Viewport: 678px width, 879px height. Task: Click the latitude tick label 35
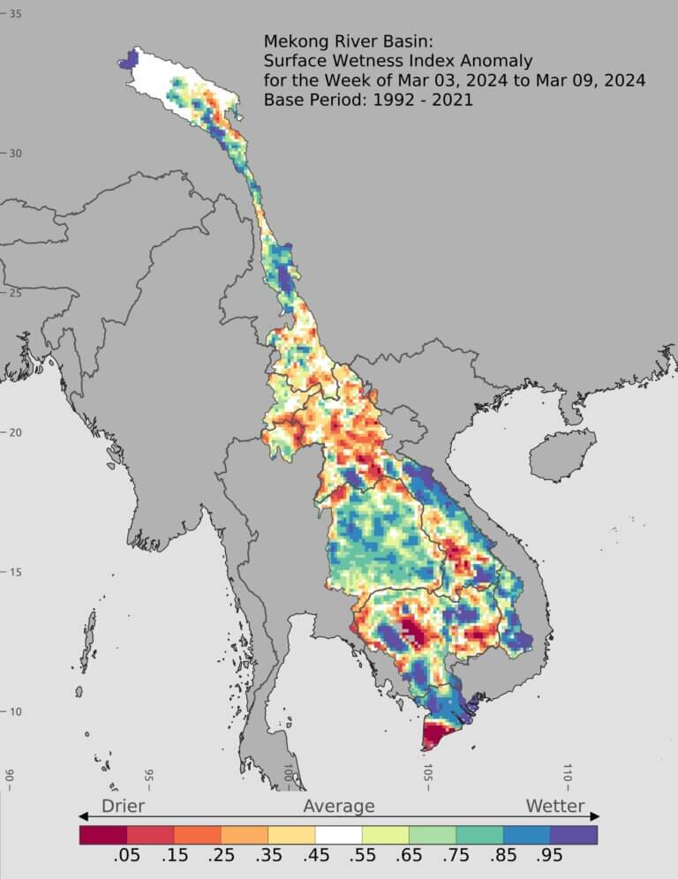point(15,14)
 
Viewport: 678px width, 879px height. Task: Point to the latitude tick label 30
point(15,154)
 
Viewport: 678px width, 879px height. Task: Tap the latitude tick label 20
point(15,432)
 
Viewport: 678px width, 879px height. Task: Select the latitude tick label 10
point(15,712)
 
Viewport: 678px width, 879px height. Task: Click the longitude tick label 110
point(568,776)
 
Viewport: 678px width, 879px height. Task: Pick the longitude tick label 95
point(148,777)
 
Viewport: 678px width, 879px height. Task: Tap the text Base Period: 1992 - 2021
point(368,100)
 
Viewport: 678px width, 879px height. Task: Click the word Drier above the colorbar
point(123,806)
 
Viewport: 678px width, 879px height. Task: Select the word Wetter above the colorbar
point(555,806)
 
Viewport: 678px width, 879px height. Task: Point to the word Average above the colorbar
point(339,806)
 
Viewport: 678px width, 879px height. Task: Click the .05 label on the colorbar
point(126,857)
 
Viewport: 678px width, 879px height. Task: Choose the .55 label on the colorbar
point(361,857)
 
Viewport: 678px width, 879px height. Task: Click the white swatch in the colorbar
point(338,834)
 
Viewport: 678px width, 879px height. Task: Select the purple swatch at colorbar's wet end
point(573,834)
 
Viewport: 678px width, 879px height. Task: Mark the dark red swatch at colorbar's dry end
point(102,834)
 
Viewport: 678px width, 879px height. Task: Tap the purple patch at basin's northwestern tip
point(131,59)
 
